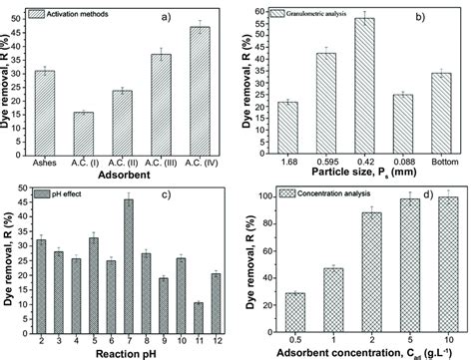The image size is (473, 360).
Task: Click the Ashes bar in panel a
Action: coord(44,111)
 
